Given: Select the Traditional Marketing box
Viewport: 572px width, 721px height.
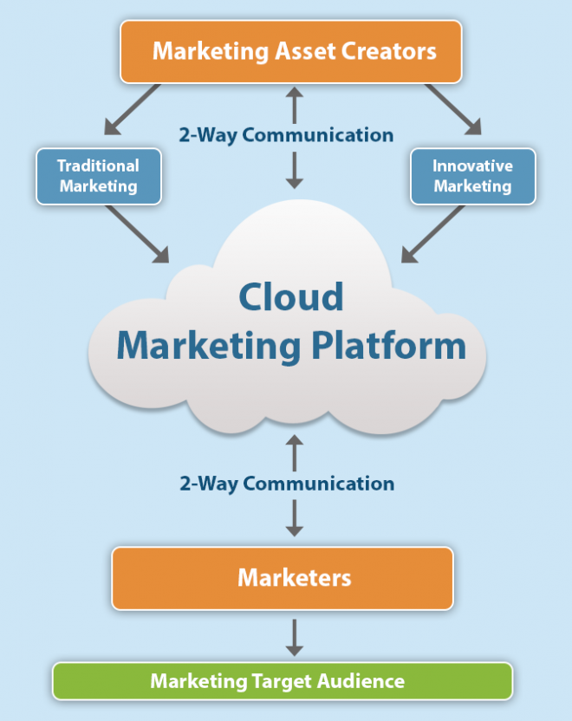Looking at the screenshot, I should (x=98, y=176).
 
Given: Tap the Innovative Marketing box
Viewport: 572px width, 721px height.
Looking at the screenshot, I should (x=472, y=176).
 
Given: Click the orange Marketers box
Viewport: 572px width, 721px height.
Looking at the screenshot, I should (x=283, y=577).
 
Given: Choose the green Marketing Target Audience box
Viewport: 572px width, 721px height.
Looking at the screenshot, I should (x=283, y=681).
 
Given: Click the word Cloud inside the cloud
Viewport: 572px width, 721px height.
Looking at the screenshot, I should (x=291, y=296).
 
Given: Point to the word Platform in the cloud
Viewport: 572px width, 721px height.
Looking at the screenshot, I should (x=399, y=346).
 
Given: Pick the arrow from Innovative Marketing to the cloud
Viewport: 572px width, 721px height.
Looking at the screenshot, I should (x=433, y=233).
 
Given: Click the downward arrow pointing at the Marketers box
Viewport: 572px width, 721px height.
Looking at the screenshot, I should (x=295, y=517).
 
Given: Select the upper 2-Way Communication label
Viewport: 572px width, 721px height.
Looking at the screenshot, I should (x=286, y=135).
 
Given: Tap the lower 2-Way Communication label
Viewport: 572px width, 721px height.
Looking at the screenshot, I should (x=287, y=484).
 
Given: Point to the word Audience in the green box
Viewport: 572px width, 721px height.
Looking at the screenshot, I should (x=362, y=681).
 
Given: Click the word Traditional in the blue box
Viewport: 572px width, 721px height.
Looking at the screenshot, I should (x=98, y=166).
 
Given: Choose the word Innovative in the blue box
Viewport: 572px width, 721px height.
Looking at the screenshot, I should (x=472, y=166).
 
